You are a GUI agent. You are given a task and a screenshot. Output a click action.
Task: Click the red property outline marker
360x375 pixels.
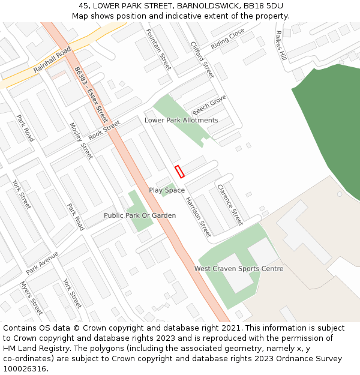[x=179, y=172]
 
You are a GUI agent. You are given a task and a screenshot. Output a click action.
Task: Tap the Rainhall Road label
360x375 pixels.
[x=52, y=60]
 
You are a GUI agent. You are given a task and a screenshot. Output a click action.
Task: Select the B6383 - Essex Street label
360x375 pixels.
[x=92, y=95]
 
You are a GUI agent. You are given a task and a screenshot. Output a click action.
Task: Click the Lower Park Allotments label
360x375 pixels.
[x=181, y=120]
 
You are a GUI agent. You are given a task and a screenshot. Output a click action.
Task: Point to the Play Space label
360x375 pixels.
[x=167, y=190]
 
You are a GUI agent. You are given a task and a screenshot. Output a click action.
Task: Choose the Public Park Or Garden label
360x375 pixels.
[x=140, y=215]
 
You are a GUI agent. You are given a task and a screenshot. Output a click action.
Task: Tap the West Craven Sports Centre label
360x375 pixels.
[x=238, y=269]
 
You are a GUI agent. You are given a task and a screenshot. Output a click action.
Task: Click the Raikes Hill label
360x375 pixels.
[x=281, y=46]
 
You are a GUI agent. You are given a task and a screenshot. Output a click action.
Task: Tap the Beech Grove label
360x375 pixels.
[x=209, y=105]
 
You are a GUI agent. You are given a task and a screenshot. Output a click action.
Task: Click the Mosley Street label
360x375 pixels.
[x=82, y=141]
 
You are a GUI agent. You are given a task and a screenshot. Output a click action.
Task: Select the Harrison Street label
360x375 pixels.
[x=198, y=216]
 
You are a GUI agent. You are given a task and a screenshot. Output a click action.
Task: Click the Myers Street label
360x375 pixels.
[x=32, y=298]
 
